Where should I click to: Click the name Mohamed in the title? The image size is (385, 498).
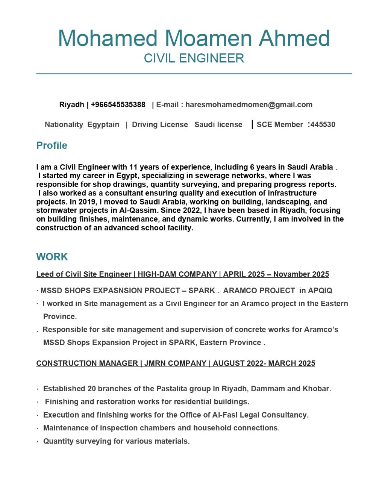(x=108, y=38)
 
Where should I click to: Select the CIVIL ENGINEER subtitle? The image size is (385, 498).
(x=194, y=58)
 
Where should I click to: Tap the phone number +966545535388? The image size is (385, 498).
(x=118, y=105)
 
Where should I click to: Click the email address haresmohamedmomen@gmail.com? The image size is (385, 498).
(x=249, y=105)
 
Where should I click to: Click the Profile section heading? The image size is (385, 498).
(x=52, y=145)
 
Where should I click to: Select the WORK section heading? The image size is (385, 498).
(x=52, y=257)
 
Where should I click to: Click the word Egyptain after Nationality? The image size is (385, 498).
(x=103, y=125)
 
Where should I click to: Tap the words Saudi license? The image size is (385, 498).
(x=218, y=125)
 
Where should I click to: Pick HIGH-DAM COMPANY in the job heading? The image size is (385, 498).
(x=177, y=274)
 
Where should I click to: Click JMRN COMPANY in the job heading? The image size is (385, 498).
(x=175, y=363)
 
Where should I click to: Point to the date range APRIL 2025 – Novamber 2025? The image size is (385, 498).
(x=276, y=274)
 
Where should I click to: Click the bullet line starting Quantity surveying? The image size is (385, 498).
(x=116, y=441)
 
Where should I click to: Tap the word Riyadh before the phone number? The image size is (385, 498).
(x=71, y=105)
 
